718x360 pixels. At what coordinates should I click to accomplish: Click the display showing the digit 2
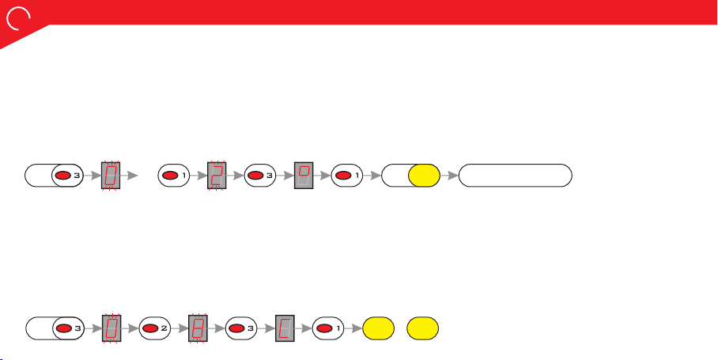(217, 176)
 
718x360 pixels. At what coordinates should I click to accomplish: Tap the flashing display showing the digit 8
(198, 328)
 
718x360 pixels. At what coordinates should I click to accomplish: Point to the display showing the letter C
(285, 328)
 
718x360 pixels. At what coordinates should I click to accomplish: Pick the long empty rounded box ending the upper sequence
(515, 176)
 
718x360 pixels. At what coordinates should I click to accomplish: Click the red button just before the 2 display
(170, 176)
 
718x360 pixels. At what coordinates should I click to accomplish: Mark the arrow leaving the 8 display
(217, 328)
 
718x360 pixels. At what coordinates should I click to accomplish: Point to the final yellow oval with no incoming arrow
(422, 328)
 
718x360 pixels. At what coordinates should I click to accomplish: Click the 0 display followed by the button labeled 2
(111, 328)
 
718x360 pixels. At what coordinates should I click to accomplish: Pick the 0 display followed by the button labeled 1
(111, 176)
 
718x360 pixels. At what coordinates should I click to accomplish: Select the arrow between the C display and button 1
(303, 328)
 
